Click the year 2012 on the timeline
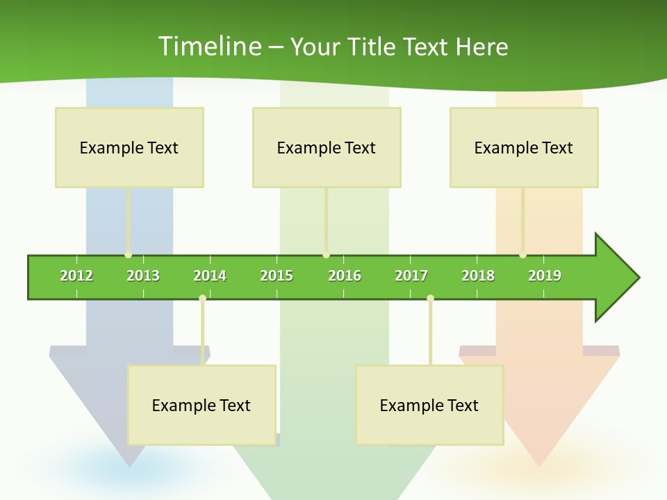click(76, 276)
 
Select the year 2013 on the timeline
click(143, 276)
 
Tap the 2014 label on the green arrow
click(210, 276)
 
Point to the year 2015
click(277, 276)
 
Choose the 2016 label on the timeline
click(345, 276)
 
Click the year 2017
click(411, 276)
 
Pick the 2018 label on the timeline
click(478, 276)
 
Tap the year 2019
click(545, 276)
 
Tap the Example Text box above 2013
click(129, 147)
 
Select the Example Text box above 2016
click(327, 147)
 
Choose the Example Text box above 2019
click(524, 147)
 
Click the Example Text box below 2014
click(201, 405)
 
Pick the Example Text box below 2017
click(429, 405)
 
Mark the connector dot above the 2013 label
click(128, 255)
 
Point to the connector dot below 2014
click(202, 299)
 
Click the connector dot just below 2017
click(430, 299)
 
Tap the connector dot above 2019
click(522, 255)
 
